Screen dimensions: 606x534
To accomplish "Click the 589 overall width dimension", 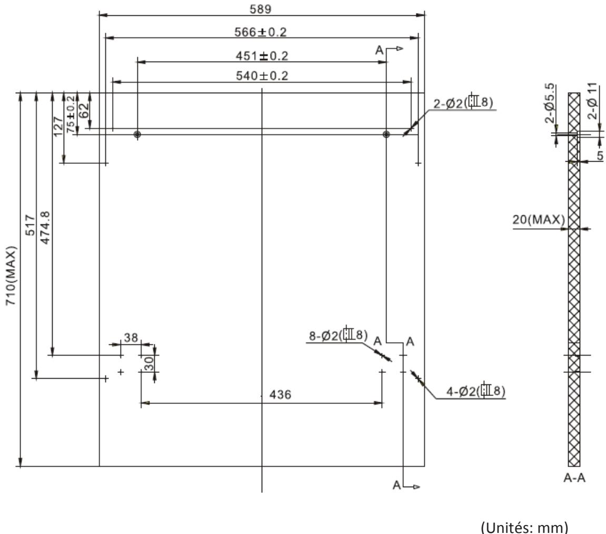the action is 261,9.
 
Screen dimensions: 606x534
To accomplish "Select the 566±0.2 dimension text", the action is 261,32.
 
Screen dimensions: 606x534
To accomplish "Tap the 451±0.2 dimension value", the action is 262,56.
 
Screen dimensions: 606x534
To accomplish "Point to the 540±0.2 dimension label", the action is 262,76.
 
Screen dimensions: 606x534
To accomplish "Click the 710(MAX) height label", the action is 11,275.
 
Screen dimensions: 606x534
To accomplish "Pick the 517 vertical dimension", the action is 30,225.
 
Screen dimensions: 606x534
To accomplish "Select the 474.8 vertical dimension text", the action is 45,228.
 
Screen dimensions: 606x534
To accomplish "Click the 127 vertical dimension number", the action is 58,126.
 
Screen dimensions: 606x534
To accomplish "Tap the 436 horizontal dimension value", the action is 280,394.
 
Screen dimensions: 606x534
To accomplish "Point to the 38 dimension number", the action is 131,338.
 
